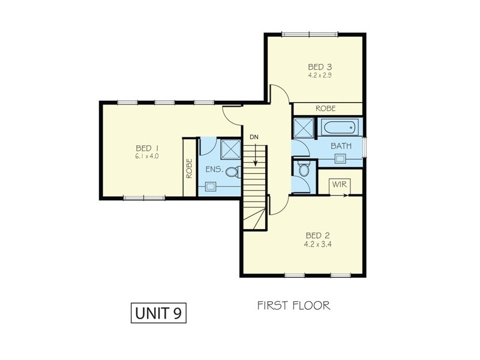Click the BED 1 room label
(x=147, y=148)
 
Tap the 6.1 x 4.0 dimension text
(x=147, y=156)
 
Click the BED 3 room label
(x=320, y=67)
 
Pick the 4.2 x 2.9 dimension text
(x=320, y=76)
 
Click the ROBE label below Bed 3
(x=325, y=109)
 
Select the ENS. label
(x=214, y=170)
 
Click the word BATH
(x=341, y=146)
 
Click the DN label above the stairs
(x=254, y=137)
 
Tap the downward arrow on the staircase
(x=255, y=157)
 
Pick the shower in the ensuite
(x=229, y=148)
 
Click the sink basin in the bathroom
(x=340, y=159)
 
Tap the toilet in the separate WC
(x=303, y=170)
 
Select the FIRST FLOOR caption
(x=293, y=306)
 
